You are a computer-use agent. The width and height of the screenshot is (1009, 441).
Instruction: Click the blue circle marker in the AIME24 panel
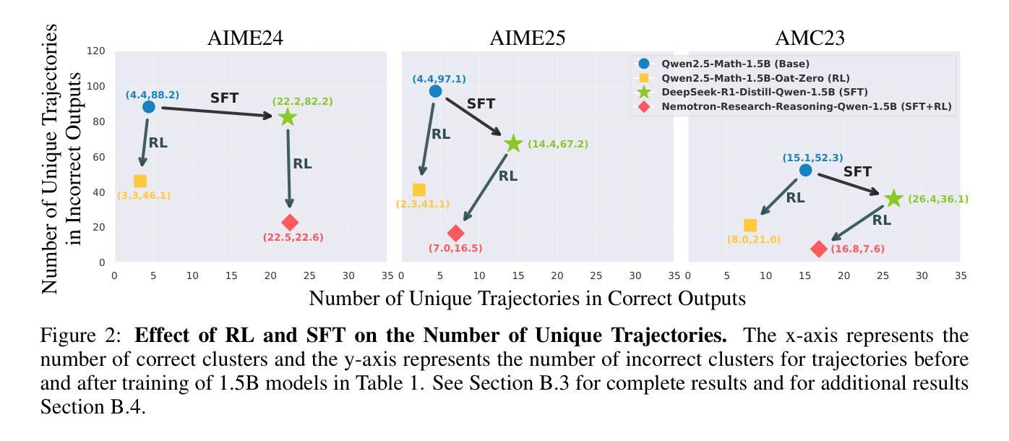[148, 107]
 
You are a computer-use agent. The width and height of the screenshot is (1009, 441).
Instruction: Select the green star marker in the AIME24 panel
[288, 117]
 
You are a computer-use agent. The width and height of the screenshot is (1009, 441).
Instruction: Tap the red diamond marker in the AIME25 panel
[455, 233]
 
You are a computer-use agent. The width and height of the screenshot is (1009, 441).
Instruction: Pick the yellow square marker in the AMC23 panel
[750, 226]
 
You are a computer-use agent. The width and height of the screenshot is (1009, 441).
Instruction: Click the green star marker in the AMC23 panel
[894, 199]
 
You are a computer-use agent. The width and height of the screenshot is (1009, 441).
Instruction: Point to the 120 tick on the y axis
[96, 51]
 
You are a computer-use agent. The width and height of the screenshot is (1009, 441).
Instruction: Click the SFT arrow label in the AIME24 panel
[224, 98]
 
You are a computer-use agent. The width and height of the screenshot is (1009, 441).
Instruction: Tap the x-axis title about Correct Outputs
[527, 298]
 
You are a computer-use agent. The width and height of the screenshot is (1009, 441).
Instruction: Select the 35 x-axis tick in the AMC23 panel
[961, 275]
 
